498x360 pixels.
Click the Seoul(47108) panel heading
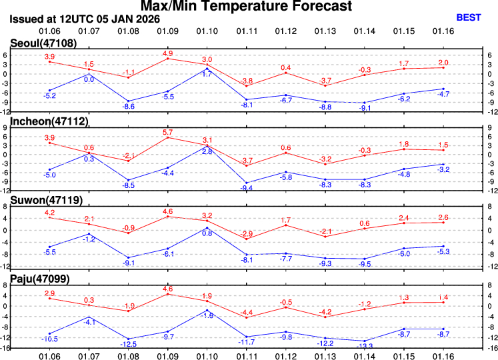[39, 43]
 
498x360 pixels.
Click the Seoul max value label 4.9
[167, 53]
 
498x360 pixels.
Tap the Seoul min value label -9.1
[364, 108]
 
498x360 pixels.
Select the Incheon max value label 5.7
[167, 132]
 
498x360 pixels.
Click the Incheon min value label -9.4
[247, 189]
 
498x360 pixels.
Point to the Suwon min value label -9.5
[364, 264]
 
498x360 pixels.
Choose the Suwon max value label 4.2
[49, 213]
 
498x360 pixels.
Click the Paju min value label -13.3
[364, 345]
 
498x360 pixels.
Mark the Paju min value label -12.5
[129, 344]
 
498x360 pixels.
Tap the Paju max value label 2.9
[49, 293]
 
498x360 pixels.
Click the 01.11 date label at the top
[247, 31]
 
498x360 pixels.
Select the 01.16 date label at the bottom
[443, 355]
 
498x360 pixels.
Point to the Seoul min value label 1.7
[207, 73]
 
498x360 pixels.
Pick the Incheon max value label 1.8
[403, 144]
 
